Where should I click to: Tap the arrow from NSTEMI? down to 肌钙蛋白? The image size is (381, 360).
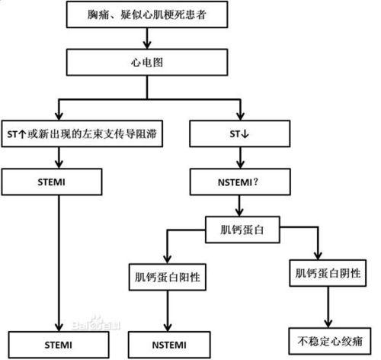pos(242,204)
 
